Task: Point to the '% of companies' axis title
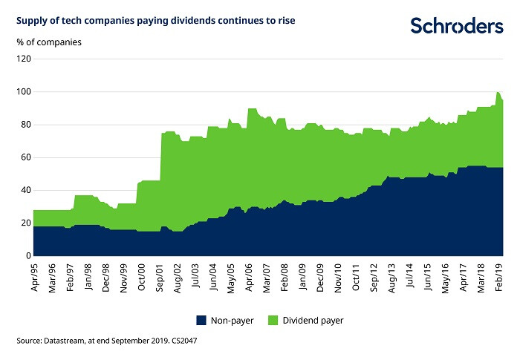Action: tap(49, 42)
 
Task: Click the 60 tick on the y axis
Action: tap(24, 157)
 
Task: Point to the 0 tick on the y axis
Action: tap(26, 256)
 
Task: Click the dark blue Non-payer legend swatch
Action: tap(201, 320)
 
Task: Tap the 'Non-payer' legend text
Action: tap(230, 320)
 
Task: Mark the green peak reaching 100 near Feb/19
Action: tap(498, 93)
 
